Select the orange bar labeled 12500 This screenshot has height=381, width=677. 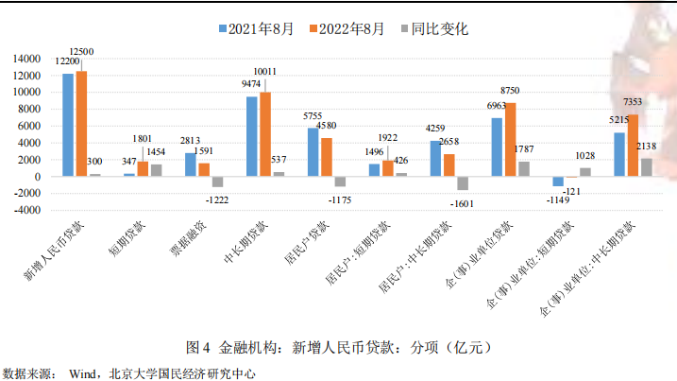[x=81, y=124]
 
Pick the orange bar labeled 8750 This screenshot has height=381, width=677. [x=511, y=140]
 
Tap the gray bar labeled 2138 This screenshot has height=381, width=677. [x=647, y=167]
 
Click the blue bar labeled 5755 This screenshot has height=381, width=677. [x=313, y=152]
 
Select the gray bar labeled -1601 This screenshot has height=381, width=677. [x=463, y=183]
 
